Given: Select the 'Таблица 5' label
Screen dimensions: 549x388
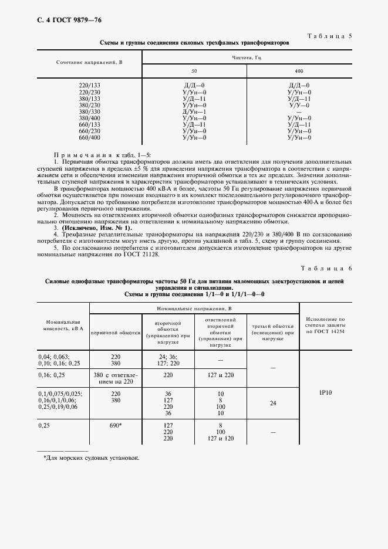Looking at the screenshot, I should coord(329,36).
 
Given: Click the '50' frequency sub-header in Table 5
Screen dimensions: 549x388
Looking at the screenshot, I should coord(194,71).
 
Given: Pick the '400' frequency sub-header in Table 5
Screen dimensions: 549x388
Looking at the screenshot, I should coord(299,71).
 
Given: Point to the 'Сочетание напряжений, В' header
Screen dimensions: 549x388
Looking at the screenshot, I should coord(89,62).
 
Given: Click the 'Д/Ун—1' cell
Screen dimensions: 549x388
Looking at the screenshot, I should coord(194,111).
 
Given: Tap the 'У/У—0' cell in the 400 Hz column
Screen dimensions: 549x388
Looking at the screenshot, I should coord(299,105).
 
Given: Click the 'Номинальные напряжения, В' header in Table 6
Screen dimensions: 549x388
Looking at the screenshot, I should coord(194,308).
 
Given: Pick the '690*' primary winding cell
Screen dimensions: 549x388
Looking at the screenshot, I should coord(116,425).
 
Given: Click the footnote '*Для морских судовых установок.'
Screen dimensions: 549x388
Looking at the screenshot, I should coord(92,457).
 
